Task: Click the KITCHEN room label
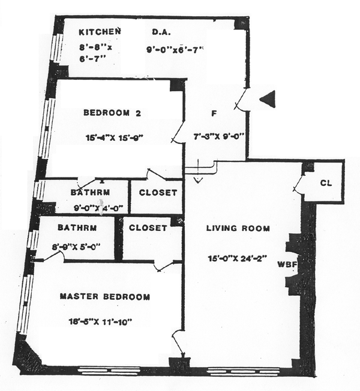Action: [100, 31]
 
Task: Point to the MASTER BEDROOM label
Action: [105, 297]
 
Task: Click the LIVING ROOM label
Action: [238, 228]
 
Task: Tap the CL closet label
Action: [326, 183]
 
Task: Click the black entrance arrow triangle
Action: [267, 100]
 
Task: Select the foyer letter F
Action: [213, 113]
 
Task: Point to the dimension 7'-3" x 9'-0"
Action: [217, 136]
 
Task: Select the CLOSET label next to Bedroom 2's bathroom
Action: [158, 193]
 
